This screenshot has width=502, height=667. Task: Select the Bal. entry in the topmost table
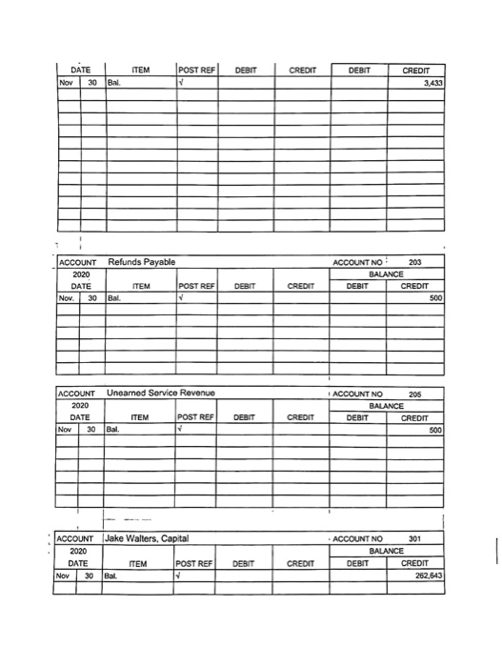pyautogui.click(x=115, y=82)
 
